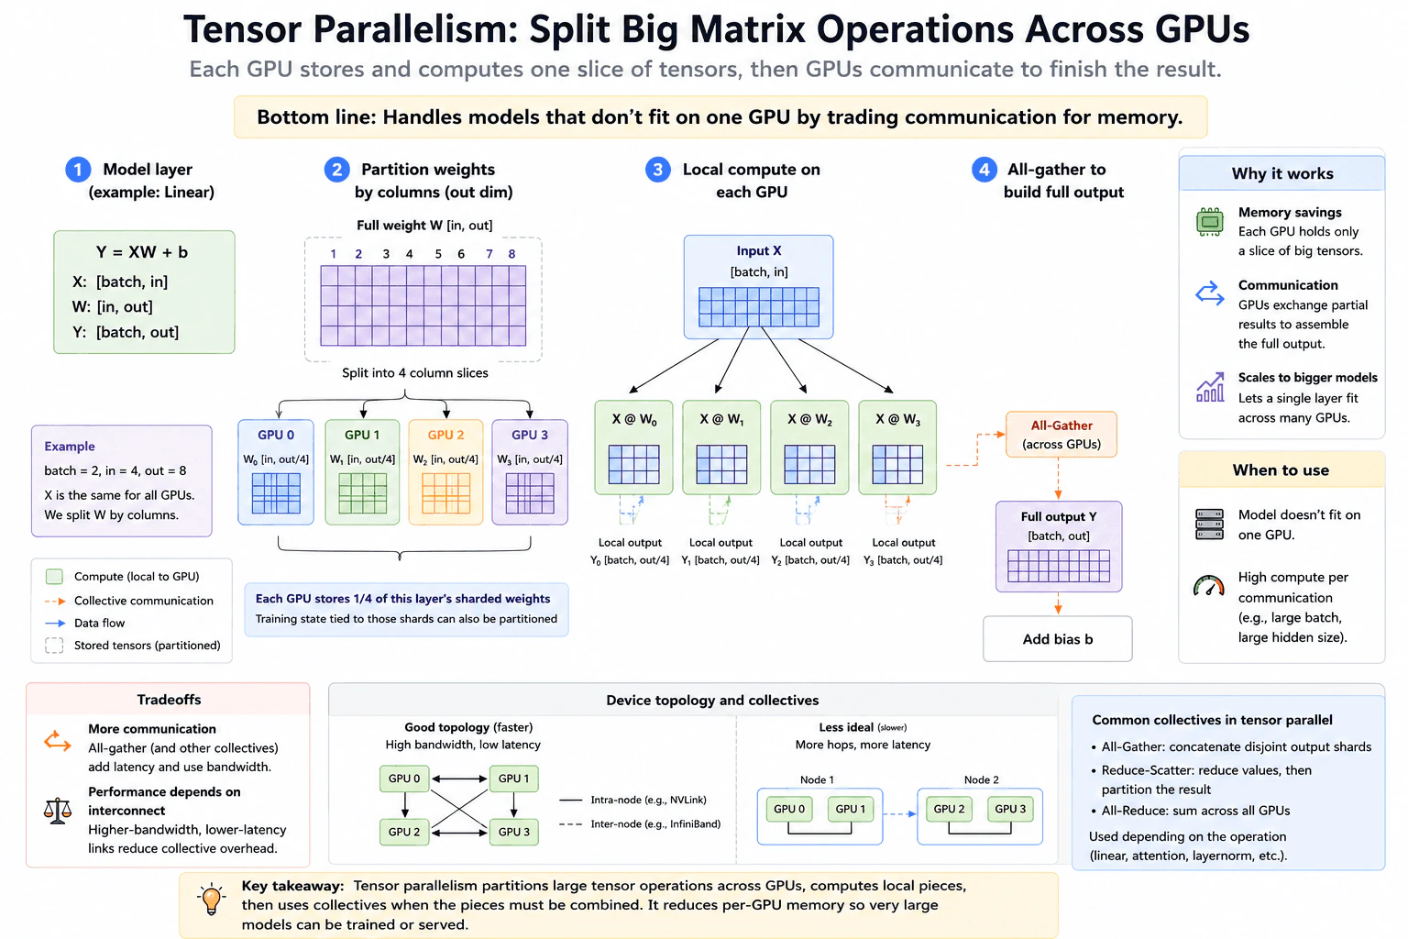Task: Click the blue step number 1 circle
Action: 78,170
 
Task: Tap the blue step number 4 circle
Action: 984,170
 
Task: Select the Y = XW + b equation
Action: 142,252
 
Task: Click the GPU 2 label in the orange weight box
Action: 445,435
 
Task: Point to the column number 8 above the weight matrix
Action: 511,254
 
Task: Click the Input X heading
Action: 759,250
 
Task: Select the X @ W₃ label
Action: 897,419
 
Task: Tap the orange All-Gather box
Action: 1061,434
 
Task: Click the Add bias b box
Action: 1057,639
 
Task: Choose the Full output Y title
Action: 1059,516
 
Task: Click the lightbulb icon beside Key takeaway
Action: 211,899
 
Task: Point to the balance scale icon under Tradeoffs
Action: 57,811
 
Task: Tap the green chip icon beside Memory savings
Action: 1209,221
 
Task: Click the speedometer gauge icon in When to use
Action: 1209,586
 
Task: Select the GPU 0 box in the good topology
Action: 404,779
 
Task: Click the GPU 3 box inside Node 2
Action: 1010,809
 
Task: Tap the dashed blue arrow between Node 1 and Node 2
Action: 899,814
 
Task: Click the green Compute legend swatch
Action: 55,576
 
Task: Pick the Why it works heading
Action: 1282,173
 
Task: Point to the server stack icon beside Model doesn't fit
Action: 1209,524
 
